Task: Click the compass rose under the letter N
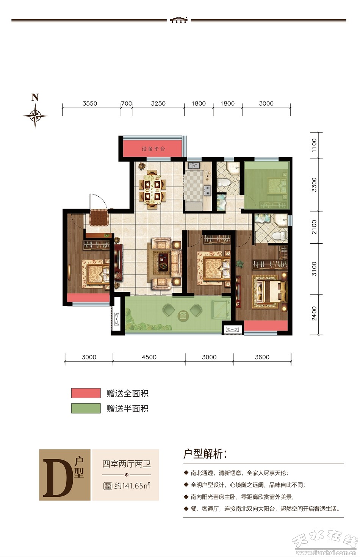click(x=35, y=116)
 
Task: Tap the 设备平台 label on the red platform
click(x=153, y=149)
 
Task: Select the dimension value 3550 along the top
click(x=90, y=103)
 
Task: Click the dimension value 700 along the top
click(x=127, y=103)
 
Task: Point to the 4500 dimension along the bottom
click(x=149, y=357)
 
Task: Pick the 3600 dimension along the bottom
click(x=262, y=357)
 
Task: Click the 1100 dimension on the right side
click(x=314, y=146)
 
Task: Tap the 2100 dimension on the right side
click(x=314, y=227)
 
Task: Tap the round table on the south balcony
click(x=183, y=315)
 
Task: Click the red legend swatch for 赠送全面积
click(x=86, y=393)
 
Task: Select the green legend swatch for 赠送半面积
click(x=86, y=408)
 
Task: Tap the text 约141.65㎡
click(x=132, y=486)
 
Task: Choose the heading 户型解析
click(x=205, y=454)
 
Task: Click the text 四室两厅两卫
click(x=127, y=464)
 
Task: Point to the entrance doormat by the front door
click(x=99, y=217)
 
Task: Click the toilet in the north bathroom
click(x=223, y=183)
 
